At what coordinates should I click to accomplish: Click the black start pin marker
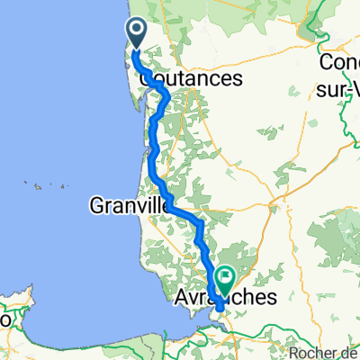pyautogui.click(x=137, y=33)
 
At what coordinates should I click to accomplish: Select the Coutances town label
pyautogui.click(x=192, y=79)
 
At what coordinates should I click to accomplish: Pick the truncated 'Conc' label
pyautogui.click(x=340, y=63)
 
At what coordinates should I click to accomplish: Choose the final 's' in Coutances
pyautogui.click(x=238, y=79)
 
